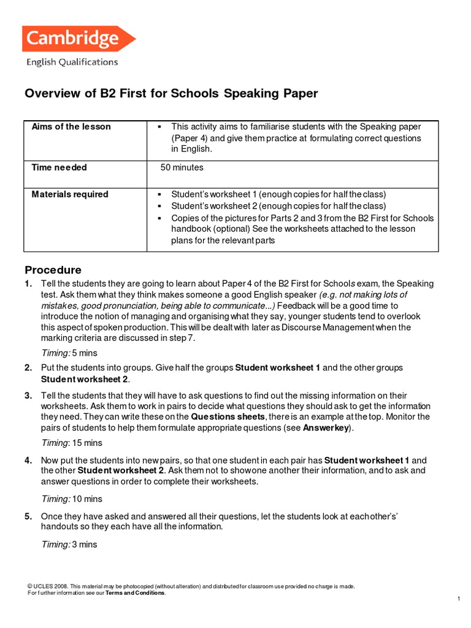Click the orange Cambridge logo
(78, 39)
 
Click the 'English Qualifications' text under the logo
(72, 62)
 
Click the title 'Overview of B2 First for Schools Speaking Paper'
(171, 94)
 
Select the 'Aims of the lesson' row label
(71, 127)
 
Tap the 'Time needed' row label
(59, 167)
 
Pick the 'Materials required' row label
(69, 194)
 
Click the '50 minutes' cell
(182, 167)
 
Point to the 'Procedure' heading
(53, 270)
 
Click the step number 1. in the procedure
(28, 284)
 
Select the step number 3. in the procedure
(28, 396)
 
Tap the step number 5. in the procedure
(28, 516)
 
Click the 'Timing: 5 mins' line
(69, 353)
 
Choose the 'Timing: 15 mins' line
(71, 443)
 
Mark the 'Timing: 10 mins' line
(71, 499)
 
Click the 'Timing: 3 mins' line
(69, 545)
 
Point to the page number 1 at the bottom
(458, 599)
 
